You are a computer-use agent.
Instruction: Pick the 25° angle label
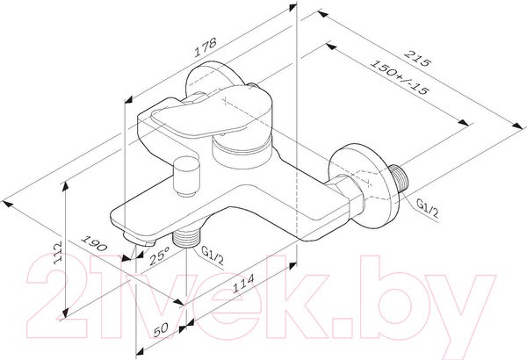pos(157,257)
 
